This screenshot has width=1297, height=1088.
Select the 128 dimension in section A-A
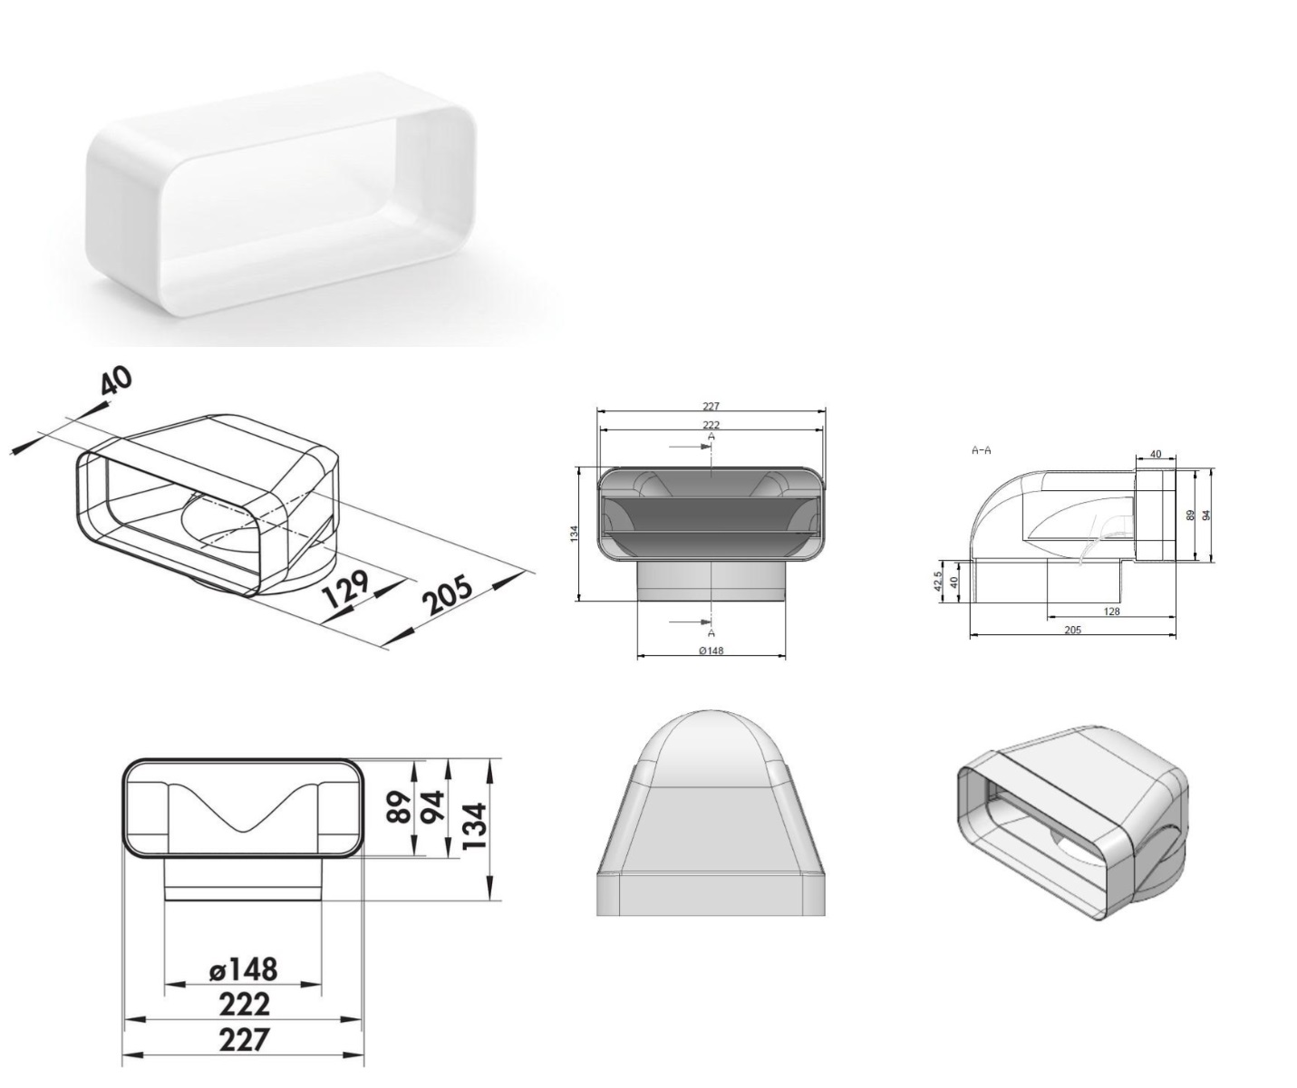coord(1111,611)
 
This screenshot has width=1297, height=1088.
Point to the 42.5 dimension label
coord(938,582)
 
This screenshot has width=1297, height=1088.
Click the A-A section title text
coord(981,450)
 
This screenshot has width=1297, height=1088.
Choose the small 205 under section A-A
coord(1073,630)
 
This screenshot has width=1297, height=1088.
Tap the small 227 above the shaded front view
coord(711,407)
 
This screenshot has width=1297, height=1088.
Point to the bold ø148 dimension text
coord(243,969)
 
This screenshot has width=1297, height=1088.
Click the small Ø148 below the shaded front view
coord(711,650)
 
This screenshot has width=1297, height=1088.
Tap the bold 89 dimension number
coord(399,806)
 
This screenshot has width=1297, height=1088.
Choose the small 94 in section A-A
coord(1207,515)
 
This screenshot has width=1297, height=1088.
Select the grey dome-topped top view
coord(711,813)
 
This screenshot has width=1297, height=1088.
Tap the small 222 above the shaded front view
coord(711,426)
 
